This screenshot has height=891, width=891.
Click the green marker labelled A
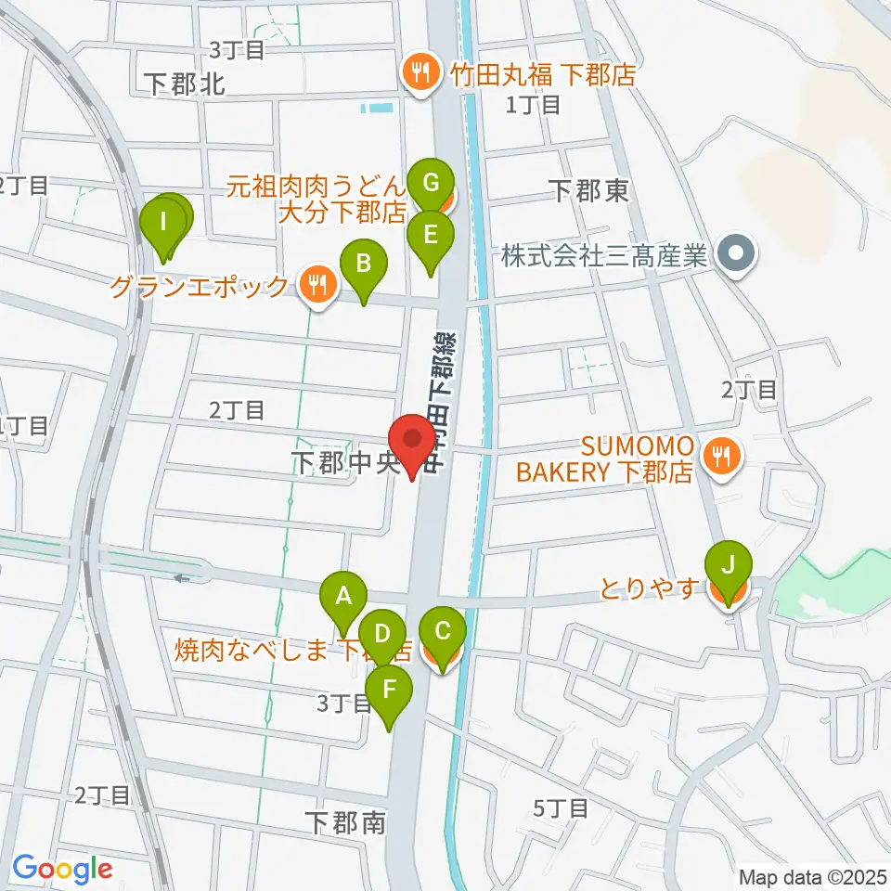[343, 596]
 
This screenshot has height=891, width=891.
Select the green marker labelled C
[442, 633]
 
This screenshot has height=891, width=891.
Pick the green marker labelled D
[381, 635]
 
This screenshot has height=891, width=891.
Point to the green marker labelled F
[388, 691]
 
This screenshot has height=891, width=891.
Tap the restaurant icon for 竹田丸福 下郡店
[421, 73]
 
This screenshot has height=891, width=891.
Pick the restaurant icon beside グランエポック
[317, 286]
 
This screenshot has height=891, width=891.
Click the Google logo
[62, 869]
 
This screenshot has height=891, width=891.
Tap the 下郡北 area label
[186, 85]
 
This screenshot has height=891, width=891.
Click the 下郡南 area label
[343, 822]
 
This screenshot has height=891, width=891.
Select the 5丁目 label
[562, 808]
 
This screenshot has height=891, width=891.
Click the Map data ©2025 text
[812, 876]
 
